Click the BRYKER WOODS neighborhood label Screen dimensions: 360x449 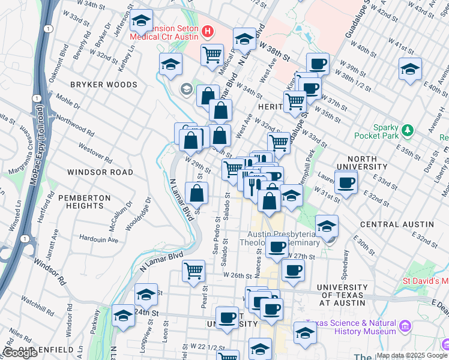click(x=104, y=85)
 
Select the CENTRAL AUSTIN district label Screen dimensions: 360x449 click(x=396, y=224)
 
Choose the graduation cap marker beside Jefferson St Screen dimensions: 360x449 click(x=142, y=22)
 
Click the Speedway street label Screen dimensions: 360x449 click(x=345, y=261)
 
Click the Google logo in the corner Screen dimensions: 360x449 click(x=20, y=353)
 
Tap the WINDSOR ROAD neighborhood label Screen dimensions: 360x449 click(x=100, y=172)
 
